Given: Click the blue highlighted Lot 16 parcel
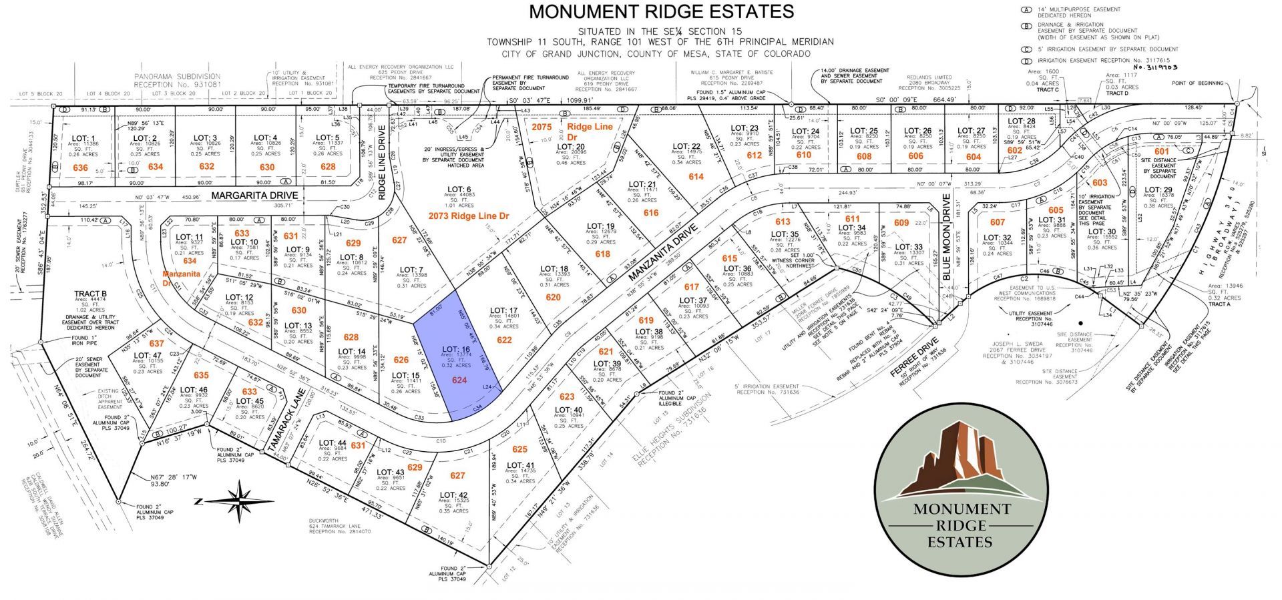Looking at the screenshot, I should (460, 360).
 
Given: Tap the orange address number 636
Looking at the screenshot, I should (80, 167).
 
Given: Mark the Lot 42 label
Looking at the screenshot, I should (453, 496).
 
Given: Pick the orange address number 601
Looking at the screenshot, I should (1162, 152).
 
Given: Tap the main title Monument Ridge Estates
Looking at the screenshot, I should (661, 11).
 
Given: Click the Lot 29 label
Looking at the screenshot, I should (1158, 190).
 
